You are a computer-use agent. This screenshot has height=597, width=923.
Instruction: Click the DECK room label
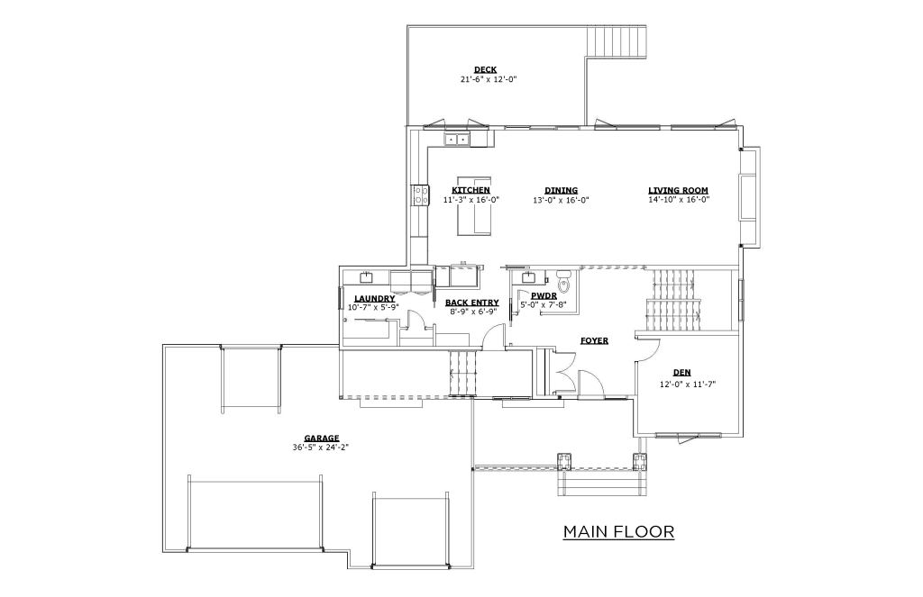pyautogui.click(x=485, y=69)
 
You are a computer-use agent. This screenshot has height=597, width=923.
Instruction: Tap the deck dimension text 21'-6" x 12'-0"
pyautogui.click(x=489, y=79)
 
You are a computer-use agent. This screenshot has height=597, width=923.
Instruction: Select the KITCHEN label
pyautogui.click(x=471, y=190)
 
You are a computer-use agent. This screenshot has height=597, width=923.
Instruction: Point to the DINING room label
pyautogui.click(x=561, y=190)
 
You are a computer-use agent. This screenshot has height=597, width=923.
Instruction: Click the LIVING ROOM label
pyautogui.click(x=678, y=190)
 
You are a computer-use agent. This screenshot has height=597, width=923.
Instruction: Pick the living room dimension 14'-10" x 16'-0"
pyautogui.click(x=679, y=199)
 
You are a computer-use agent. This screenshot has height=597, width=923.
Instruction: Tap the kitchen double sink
pyautogui.click(x=457, y=140)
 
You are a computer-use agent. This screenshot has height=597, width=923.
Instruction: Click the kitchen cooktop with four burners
pyautogui.click(x=420, y=195)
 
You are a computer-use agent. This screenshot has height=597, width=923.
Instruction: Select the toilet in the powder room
pyautogui.click(x=564, y=281)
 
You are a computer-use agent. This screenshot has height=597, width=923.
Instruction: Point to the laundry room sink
pyautogui.click(x=366, y=276)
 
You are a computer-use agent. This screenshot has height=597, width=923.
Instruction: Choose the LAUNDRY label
pyautogui.click(x=374, y=299)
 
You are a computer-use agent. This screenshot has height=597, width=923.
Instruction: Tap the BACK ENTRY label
pyautogui.click(x=472, y=303)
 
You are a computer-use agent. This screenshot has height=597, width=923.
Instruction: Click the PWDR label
pyautogui.click(x=544, y=296)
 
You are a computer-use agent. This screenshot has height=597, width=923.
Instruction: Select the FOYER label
pyautogui.click(x=595, y=340)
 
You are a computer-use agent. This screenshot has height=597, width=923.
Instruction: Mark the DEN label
pyautogui.click(x=682, y=372)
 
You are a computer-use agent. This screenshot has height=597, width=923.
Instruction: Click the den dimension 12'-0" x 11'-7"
pyautogui.click(x=688, y=384)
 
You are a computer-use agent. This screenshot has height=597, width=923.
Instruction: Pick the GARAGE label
pyautogui.click(x=322, y=439)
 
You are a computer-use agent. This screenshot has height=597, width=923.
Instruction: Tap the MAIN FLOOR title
pyautogui.click(x=618, y=531)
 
